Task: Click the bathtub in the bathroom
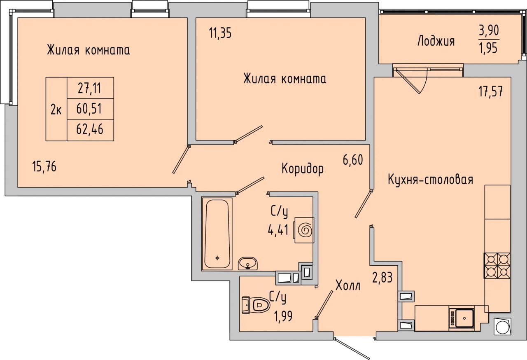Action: coord(217,234)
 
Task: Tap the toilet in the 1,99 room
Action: coord(256,305)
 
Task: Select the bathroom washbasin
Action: coord(248,264)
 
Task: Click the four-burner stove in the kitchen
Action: coord(497,266)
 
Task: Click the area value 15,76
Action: coord(44,167)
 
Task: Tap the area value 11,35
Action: coord(220,33)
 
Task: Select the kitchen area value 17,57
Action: coord(491,91)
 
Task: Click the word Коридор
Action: coord(303,169)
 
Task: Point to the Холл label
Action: coord(348,285)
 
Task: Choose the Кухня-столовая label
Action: coord(431,180)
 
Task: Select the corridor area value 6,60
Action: coord(353,160)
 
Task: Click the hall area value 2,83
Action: coord(382,277)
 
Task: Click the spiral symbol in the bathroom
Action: coord(305,230)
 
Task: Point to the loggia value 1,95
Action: coord(488,48)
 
